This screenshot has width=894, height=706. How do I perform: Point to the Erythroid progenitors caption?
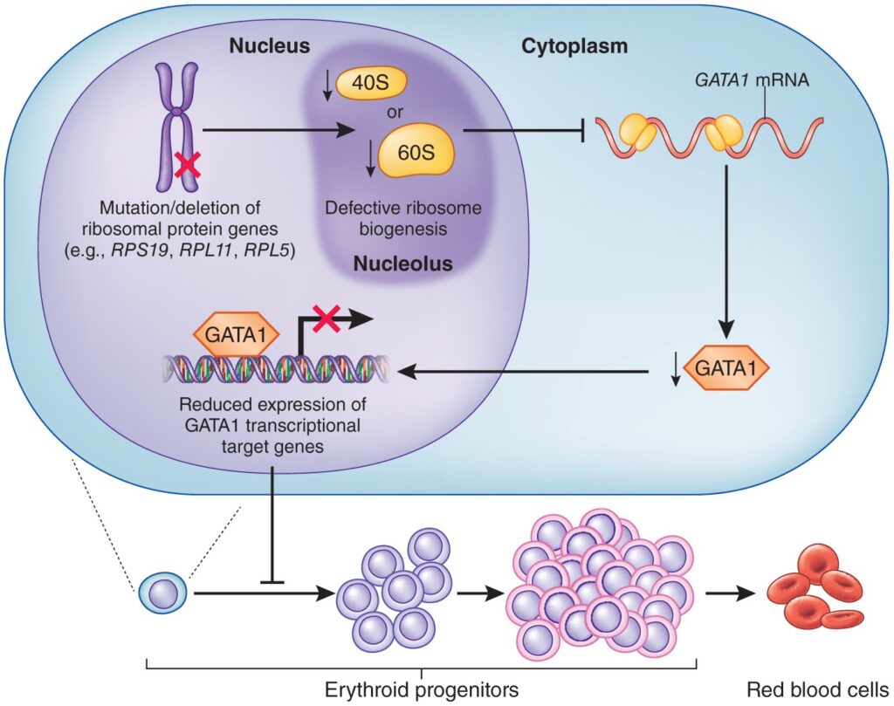(x=421, y=689)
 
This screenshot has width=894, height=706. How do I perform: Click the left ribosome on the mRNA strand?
(x=636, y=134)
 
